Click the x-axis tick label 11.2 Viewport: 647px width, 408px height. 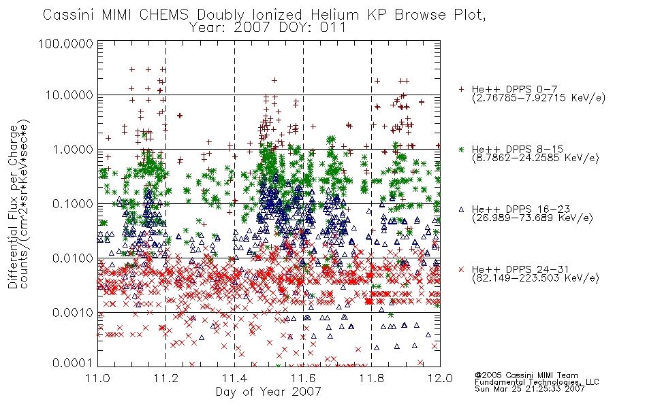[x=166, y=378]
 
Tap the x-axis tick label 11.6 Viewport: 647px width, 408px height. [x=303, y=378]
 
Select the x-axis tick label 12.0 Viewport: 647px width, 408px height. [x=440, y=378]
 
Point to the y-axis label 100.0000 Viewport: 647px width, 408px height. [x=66, y=44]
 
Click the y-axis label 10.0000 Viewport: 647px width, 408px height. [x=69, y=95]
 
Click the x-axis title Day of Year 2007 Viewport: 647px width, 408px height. [x=268, y=392]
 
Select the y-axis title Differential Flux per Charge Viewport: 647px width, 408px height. [x=13, y=207]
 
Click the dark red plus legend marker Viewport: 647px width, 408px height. [x=461, y=89]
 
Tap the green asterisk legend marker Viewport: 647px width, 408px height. [x=461, y=149]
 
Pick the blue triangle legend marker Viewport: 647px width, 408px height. [x=461, y=209]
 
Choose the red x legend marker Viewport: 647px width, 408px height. [x=461, y=269]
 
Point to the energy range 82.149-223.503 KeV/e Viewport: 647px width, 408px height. [x=535, y=278]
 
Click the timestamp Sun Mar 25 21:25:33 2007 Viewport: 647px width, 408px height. [x=529, y=389]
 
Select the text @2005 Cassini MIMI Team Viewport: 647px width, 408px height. [x=526, y=375]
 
